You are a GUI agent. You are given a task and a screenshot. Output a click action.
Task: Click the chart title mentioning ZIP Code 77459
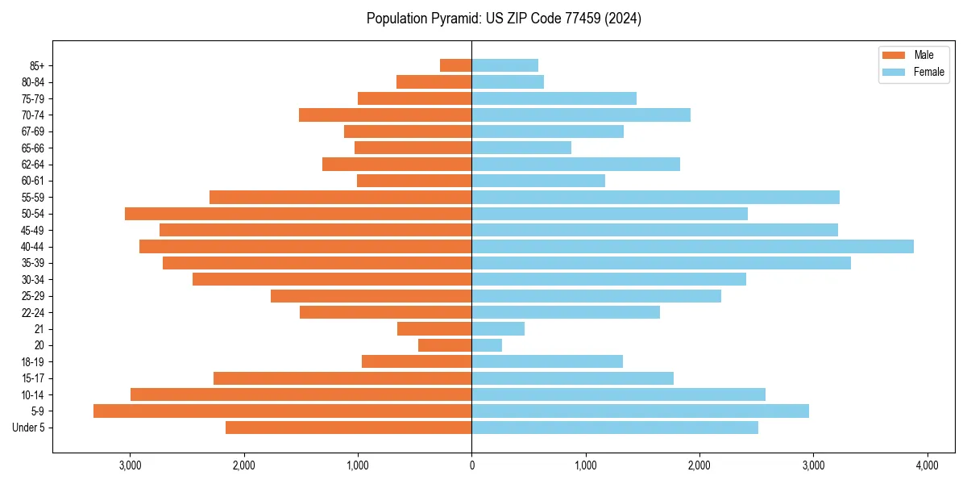point(504,19)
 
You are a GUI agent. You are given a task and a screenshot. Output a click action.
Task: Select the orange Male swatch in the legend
point(894,55)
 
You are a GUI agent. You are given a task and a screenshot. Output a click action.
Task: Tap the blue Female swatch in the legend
point(894,72)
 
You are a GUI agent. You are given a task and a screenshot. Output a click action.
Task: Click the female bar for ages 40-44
point(692,246)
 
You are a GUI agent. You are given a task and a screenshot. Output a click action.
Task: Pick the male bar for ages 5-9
point(282,411)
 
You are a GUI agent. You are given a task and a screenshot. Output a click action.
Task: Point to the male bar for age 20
point(445,345)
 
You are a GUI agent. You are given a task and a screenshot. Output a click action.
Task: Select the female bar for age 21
point(498,328)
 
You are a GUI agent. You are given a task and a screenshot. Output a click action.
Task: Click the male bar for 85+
point(455,65)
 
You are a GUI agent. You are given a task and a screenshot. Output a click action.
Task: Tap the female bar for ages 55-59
point(655,197)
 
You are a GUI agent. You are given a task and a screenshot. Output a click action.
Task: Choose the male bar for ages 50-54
point(298,214)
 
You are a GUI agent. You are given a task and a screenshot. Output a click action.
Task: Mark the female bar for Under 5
point(615,428)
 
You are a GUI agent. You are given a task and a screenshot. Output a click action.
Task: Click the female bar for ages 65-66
point(521,148)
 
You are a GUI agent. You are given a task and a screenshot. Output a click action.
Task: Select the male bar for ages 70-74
point(385,115)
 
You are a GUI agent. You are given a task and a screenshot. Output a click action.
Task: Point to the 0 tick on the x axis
point(471,465)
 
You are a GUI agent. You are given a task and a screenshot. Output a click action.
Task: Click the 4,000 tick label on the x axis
point(927,465)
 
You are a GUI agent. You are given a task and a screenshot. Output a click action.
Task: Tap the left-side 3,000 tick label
point(130,465)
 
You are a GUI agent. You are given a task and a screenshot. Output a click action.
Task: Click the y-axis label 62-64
point(33,165)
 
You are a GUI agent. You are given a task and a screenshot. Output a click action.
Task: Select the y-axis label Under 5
point(29,428)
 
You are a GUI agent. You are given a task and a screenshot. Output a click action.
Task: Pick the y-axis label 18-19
point(33,361)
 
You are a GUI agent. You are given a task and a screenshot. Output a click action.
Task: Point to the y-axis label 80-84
point(33,82)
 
